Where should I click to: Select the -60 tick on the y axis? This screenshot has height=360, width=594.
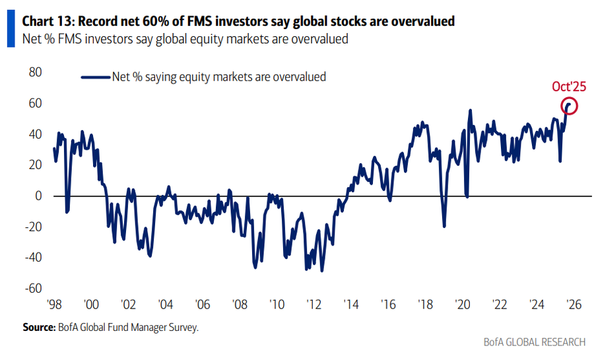coord(33,289)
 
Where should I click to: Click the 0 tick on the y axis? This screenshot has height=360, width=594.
coord(39,196)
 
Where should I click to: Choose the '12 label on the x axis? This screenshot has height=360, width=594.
coord(313,306)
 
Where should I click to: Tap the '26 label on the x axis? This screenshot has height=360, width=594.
coord(573,306)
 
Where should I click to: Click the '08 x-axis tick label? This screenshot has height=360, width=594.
coord(239,306)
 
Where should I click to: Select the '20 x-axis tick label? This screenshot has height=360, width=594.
coord(462,306)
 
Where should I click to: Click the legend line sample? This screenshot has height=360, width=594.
coord(95,77)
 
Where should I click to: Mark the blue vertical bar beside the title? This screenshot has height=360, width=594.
coord(9,30)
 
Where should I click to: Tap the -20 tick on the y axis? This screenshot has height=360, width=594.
coord(33,227)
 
